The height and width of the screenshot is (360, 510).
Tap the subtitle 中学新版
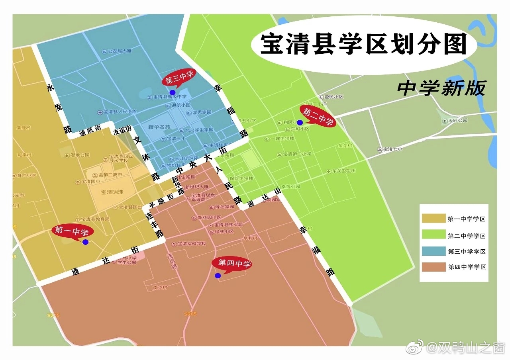click(x=441, y=88)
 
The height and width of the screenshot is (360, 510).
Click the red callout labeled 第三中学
click(x=179, y=79)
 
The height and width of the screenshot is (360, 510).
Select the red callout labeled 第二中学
click(x=318, y=116)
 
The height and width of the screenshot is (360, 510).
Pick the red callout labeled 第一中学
click(x=72, y=231)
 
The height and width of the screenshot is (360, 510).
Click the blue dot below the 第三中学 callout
click(x=173, y=92)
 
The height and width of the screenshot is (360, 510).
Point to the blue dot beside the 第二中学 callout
click(x=300, y=122)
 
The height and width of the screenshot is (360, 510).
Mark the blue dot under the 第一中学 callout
click(x=85, y=242)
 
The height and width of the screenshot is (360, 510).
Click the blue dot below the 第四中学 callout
click(x=218, y=276)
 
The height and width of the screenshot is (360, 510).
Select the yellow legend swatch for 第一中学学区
click(x=433, y=218)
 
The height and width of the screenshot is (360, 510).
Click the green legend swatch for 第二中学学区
click(x=433, y=235)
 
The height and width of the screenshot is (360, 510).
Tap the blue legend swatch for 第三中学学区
click(x=433, y=251)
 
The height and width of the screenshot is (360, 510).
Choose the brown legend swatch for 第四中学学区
click(x=433, y=267)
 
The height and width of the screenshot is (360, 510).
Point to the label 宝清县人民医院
click(x=120, y=112)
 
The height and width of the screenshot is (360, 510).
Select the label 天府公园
click(x=457, y=120)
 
